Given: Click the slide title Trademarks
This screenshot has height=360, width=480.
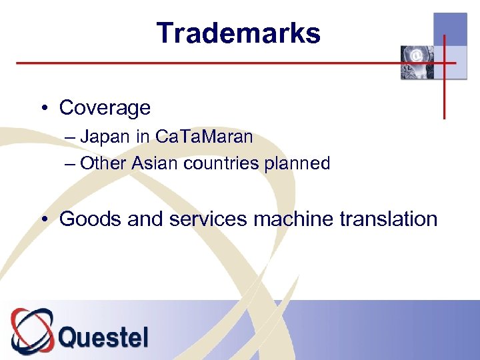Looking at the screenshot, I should [239, 33].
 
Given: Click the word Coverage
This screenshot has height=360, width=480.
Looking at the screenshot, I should [105, 107].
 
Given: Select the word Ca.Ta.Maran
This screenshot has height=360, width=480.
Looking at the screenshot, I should [204, 137].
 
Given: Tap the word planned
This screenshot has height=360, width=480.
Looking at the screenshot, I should [297, 164].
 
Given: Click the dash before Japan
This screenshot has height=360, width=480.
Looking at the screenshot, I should [71, 138].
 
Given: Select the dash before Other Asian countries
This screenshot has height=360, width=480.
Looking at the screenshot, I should [71, 164].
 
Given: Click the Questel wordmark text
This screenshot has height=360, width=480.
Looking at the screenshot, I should [103, 336].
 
